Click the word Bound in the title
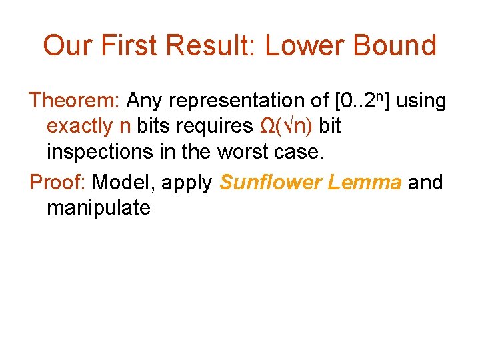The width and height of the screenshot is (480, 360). pyautogui.click(x=399, y=45)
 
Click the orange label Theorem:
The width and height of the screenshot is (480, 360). pyautogui.click(x=74, y=101)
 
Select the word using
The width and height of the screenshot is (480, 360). pyautogui.click(x=421, y=102)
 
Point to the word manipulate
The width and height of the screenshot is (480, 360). pyautogui.click(x=99, y=208)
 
